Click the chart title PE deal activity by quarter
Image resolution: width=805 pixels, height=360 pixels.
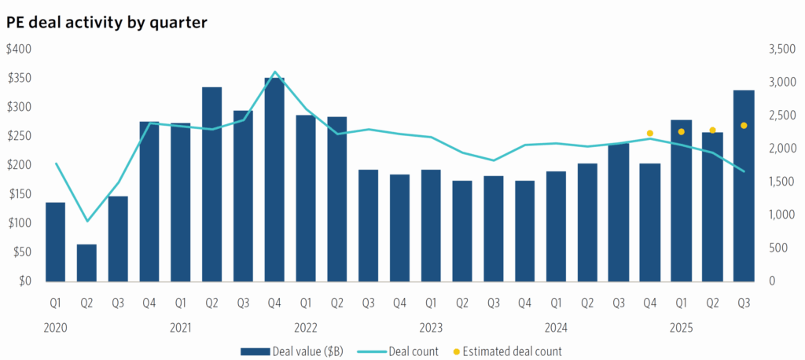106,22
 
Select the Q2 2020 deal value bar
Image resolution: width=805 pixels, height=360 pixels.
86,263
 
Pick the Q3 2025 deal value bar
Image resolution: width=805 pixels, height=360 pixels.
744,186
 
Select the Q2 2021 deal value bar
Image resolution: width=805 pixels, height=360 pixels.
211,184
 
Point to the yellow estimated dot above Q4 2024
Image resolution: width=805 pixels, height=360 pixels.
649,134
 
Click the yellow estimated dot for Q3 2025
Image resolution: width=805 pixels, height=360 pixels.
744,126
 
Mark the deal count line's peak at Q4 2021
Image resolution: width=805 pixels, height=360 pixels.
274,72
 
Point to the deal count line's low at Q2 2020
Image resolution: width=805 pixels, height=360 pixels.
87,221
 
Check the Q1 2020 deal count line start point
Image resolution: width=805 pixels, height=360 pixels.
56,163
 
